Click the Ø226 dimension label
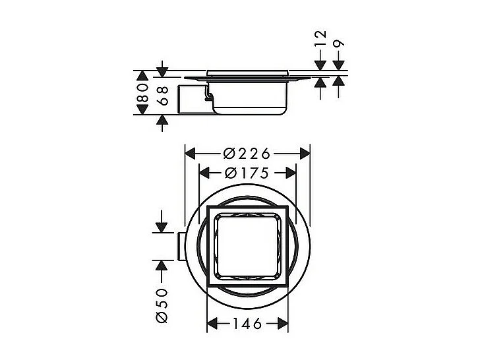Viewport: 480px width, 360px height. pyautogui.click(x=247, y=154)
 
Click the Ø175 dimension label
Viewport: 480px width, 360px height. pyautogui.click(x=247, y=173)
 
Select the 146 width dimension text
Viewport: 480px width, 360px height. pyautogui.click(x=248, y=324)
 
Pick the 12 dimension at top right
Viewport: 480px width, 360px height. pyautogui.click(x=320, y=47)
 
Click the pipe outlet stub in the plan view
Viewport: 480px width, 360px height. pyautogui.click(x=180, y=246)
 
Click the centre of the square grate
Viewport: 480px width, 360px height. pyautogui.click(x=248, y=245)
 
